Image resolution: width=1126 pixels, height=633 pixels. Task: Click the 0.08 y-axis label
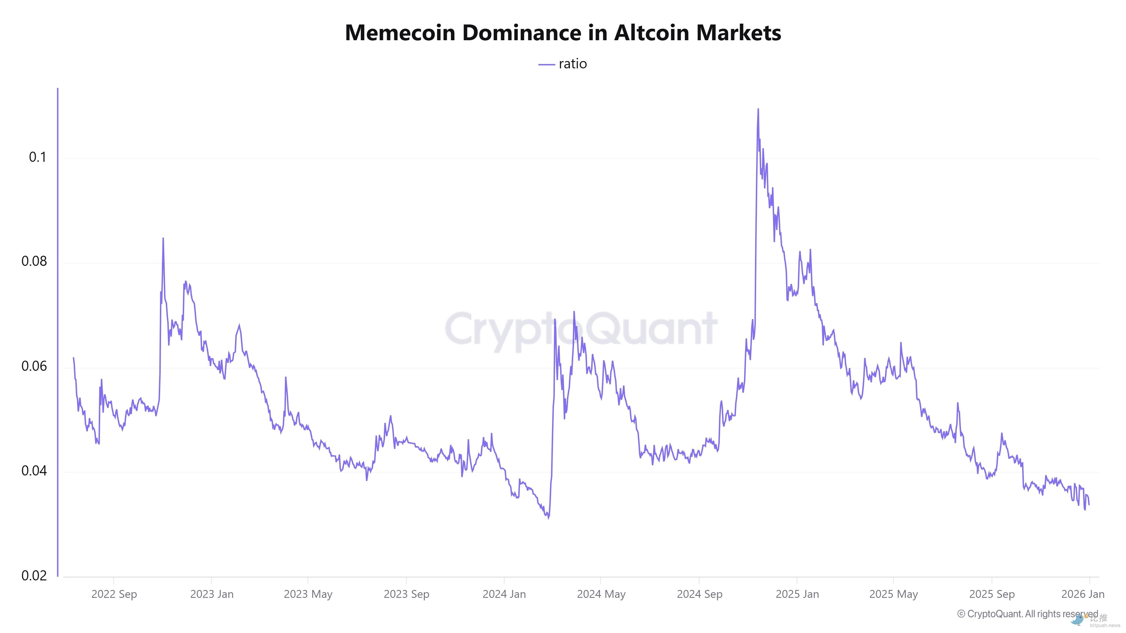34,261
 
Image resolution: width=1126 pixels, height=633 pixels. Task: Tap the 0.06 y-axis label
34,366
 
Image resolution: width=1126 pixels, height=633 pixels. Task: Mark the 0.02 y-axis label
34,575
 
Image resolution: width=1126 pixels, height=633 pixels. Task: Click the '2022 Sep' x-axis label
114,594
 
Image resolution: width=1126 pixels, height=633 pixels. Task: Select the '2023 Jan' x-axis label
212,594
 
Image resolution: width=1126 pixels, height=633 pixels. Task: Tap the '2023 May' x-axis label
308,594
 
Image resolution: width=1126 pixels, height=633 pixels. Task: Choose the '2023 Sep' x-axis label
406,594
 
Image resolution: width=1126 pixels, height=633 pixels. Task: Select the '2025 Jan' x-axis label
797,594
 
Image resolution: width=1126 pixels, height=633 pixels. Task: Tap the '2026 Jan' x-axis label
1083,594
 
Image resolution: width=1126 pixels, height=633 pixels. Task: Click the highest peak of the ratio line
758,109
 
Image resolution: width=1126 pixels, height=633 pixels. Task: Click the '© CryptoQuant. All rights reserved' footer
1027,614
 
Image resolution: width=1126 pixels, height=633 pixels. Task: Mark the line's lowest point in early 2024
548,518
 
